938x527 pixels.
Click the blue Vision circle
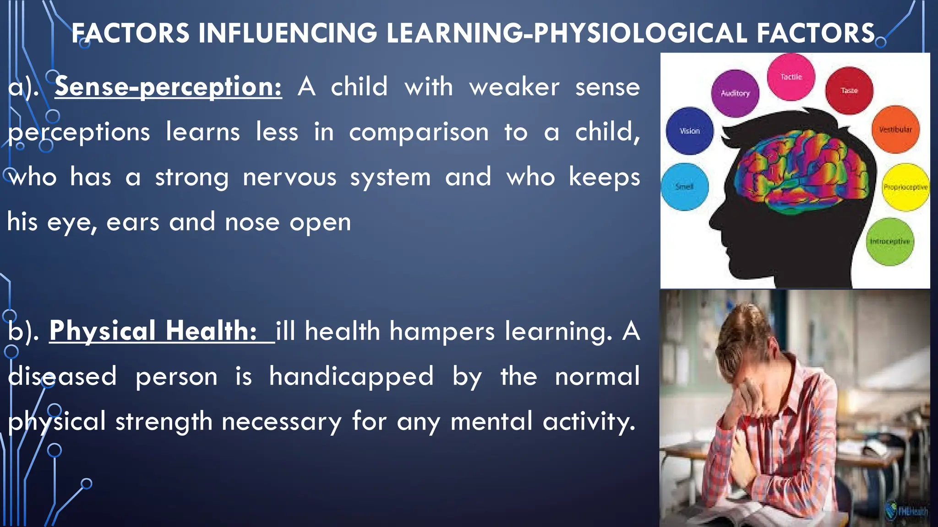tap(689, 131)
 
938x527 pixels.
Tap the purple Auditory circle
tap(735, 93)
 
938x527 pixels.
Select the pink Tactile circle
tap(791, 77)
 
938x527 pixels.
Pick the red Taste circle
tap(849, 91)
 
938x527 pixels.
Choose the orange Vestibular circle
tap(895, 129)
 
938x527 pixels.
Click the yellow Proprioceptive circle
tap(905, 187)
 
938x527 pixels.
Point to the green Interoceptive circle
tap(890, 242)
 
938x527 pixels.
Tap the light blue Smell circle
tap(684, 187)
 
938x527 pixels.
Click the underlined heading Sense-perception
tap(168, 86)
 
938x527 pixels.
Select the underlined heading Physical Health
tap(153, 330)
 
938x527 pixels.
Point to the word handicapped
tap(351, 376)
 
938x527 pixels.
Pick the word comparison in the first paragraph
tap(419, 132)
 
